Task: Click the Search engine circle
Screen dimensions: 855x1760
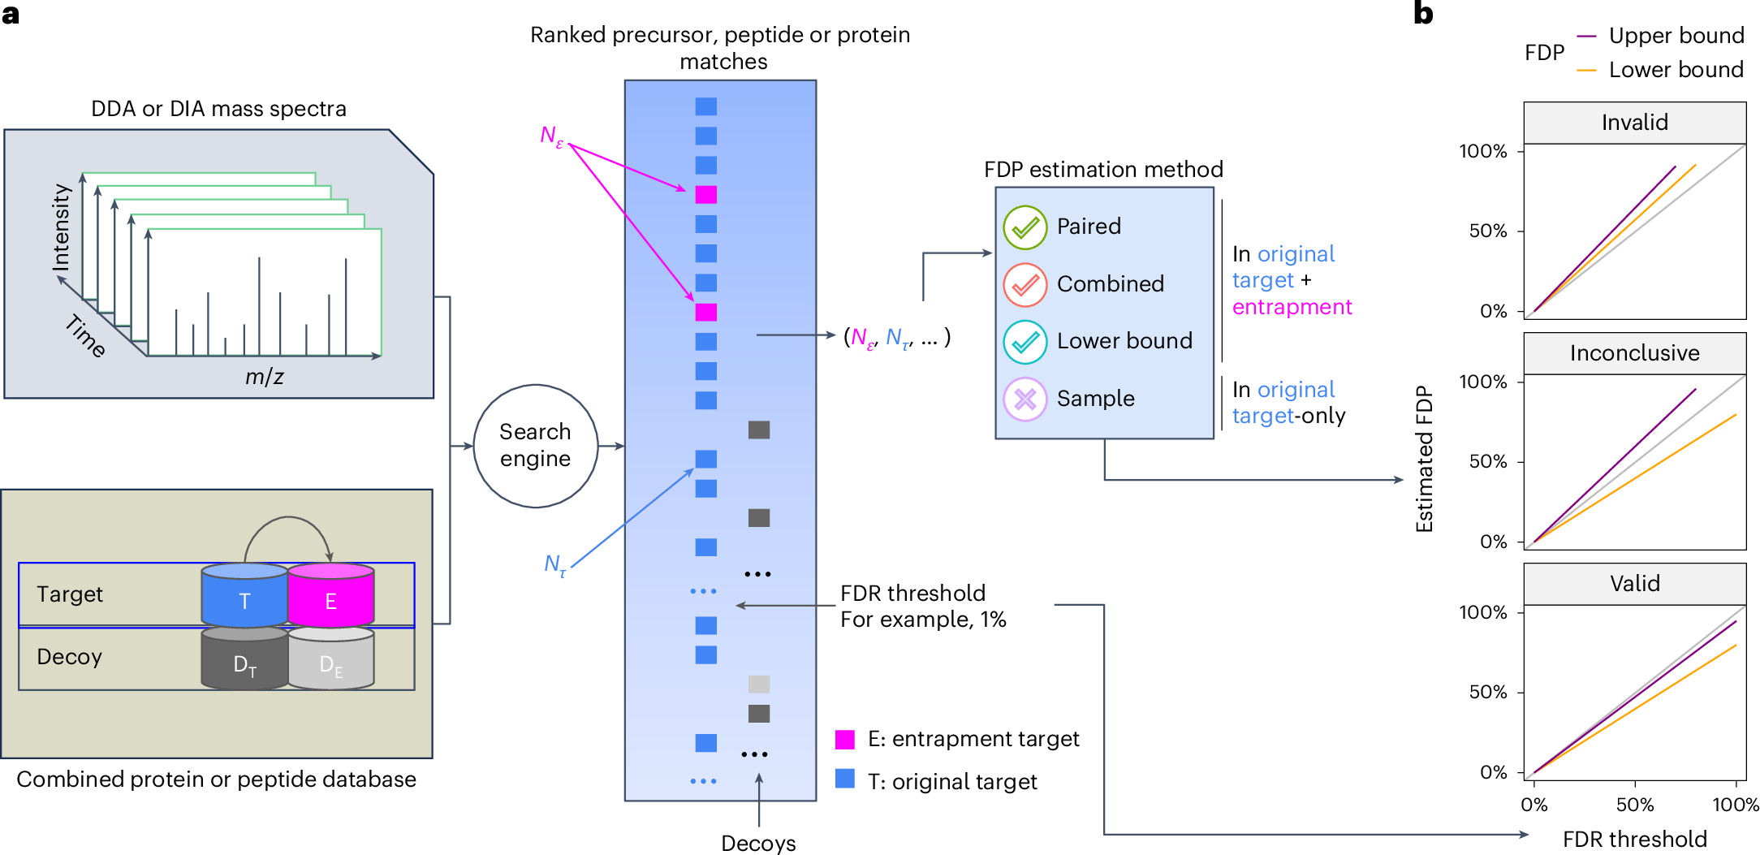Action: pos(535,446)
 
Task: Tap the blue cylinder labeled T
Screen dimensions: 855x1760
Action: pos(244,597)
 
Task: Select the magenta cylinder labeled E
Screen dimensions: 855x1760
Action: pos(330,597)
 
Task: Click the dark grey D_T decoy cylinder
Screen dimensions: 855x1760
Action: pos(244,661)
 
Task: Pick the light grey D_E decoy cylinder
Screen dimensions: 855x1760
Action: pos(330,661)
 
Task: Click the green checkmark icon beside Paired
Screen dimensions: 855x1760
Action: pos(1025,227)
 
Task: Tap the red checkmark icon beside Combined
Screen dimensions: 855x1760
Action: pos(1025,284)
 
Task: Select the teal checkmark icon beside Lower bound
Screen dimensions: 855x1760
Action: pos(1025,341)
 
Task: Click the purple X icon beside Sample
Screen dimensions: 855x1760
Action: pos(1025,399)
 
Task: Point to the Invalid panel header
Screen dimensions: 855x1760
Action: pos(1634,123)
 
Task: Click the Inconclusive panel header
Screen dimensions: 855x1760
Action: pos(1634,353)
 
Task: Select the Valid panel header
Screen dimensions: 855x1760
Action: pos(1634,584)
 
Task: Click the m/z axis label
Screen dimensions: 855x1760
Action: pos(264,377)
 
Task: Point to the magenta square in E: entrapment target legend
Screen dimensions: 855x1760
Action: pos(845,739)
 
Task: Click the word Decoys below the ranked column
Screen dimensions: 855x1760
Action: pos(758,843)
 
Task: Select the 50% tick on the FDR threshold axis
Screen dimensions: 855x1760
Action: pos(1634,805)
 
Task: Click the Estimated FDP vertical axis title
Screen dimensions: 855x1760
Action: pos(1424,459)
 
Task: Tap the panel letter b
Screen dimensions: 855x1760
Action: pos(1423,14)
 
